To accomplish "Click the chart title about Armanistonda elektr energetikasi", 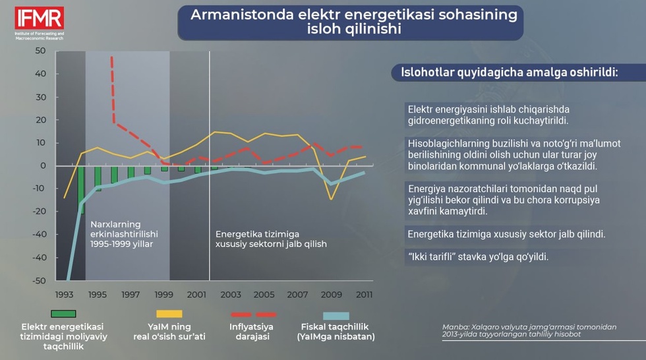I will click(x=350, y=22).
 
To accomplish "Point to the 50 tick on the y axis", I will click(x=41, y=51).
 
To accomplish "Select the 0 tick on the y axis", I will click(x=43, y=165).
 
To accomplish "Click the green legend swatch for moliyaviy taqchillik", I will click(x=63, y=314).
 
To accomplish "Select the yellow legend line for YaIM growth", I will click(x=169, y=314).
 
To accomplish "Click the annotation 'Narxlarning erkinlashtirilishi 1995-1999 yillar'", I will click(x=125, y=233).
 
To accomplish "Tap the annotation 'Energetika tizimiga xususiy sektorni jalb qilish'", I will click(x=271, y=238).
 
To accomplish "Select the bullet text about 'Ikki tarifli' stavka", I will click(x=478, y=256).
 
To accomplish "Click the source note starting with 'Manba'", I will click(x=529, y=330).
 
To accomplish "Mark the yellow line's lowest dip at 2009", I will click(x=331, y=198).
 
